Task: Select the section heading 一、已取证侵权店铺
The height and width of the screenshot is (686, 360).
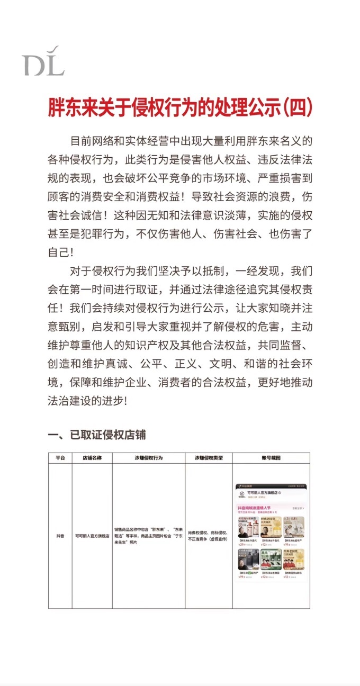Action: (x=97, y=435)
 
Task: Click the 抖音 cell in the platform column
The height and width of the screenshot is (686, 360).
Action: (x=60, y=536)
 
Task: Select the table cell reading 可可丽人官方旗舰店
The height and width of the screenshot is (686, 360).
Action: (x=92, y=536)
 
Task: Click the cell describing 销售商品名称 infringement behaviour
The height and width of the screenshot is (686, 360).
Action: (x=148, y=536)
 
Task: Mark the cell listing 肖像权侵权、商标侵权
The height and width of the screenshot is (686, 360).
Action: (x=209, y=536)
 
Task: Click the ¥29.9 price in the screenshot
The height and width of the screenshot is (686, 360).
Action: (x=242, y=544)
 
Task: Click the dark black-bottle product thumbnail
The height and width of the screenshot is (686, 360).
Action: (x=248, y=559)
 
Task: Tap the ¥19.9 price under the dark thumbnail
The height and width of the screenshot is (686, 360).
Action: (x=242, y=577)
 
